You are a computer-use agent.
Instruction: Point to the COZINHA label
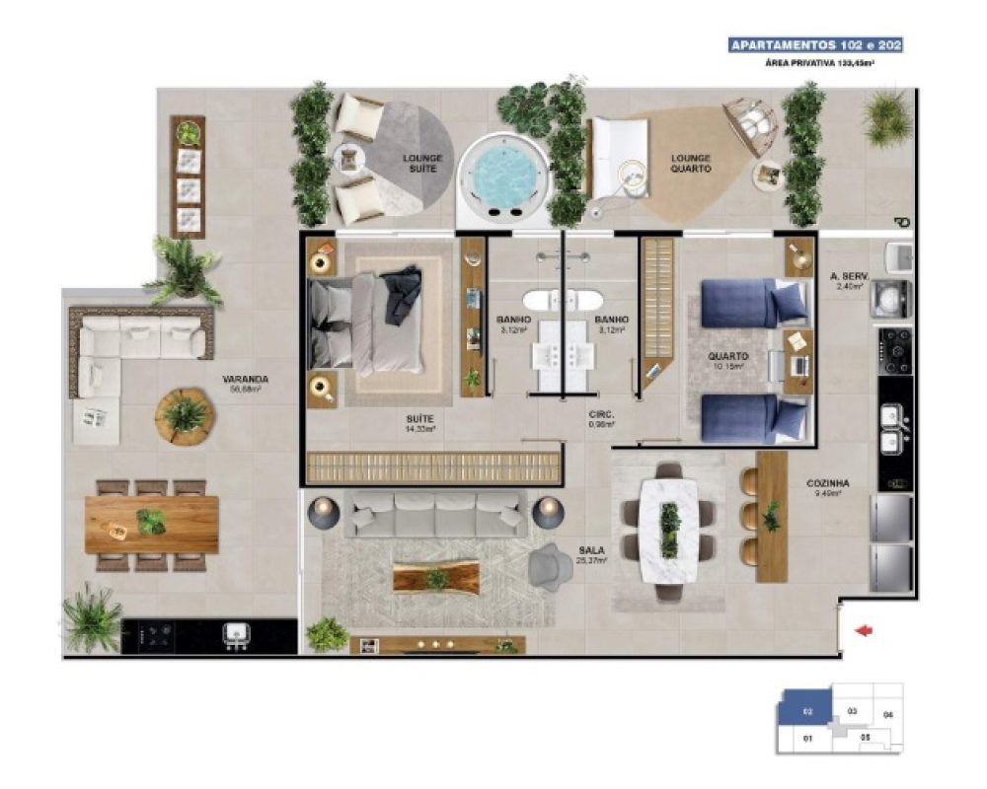coord(827,483)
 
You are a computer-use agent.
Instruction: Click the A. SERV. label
coord(848,279)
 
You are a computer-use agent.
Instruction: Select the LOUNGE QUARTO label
coord(691,163)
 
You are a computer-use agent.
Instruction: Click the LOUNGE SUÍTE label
coord(422,163)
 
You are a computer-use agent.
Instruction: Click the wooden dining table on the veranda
coord(151,524)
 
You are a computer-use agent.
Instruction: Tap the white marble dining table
coord(669,529)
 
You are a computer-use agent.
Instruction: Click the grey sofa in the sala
coord(435,516)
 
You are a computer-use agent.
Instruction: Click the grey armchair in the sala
coord(549,566)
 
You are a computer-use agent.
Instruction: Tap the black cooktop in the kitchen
coord(895,351)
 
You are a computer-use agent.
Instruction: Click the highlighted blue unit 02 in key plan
coord(806,709)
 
